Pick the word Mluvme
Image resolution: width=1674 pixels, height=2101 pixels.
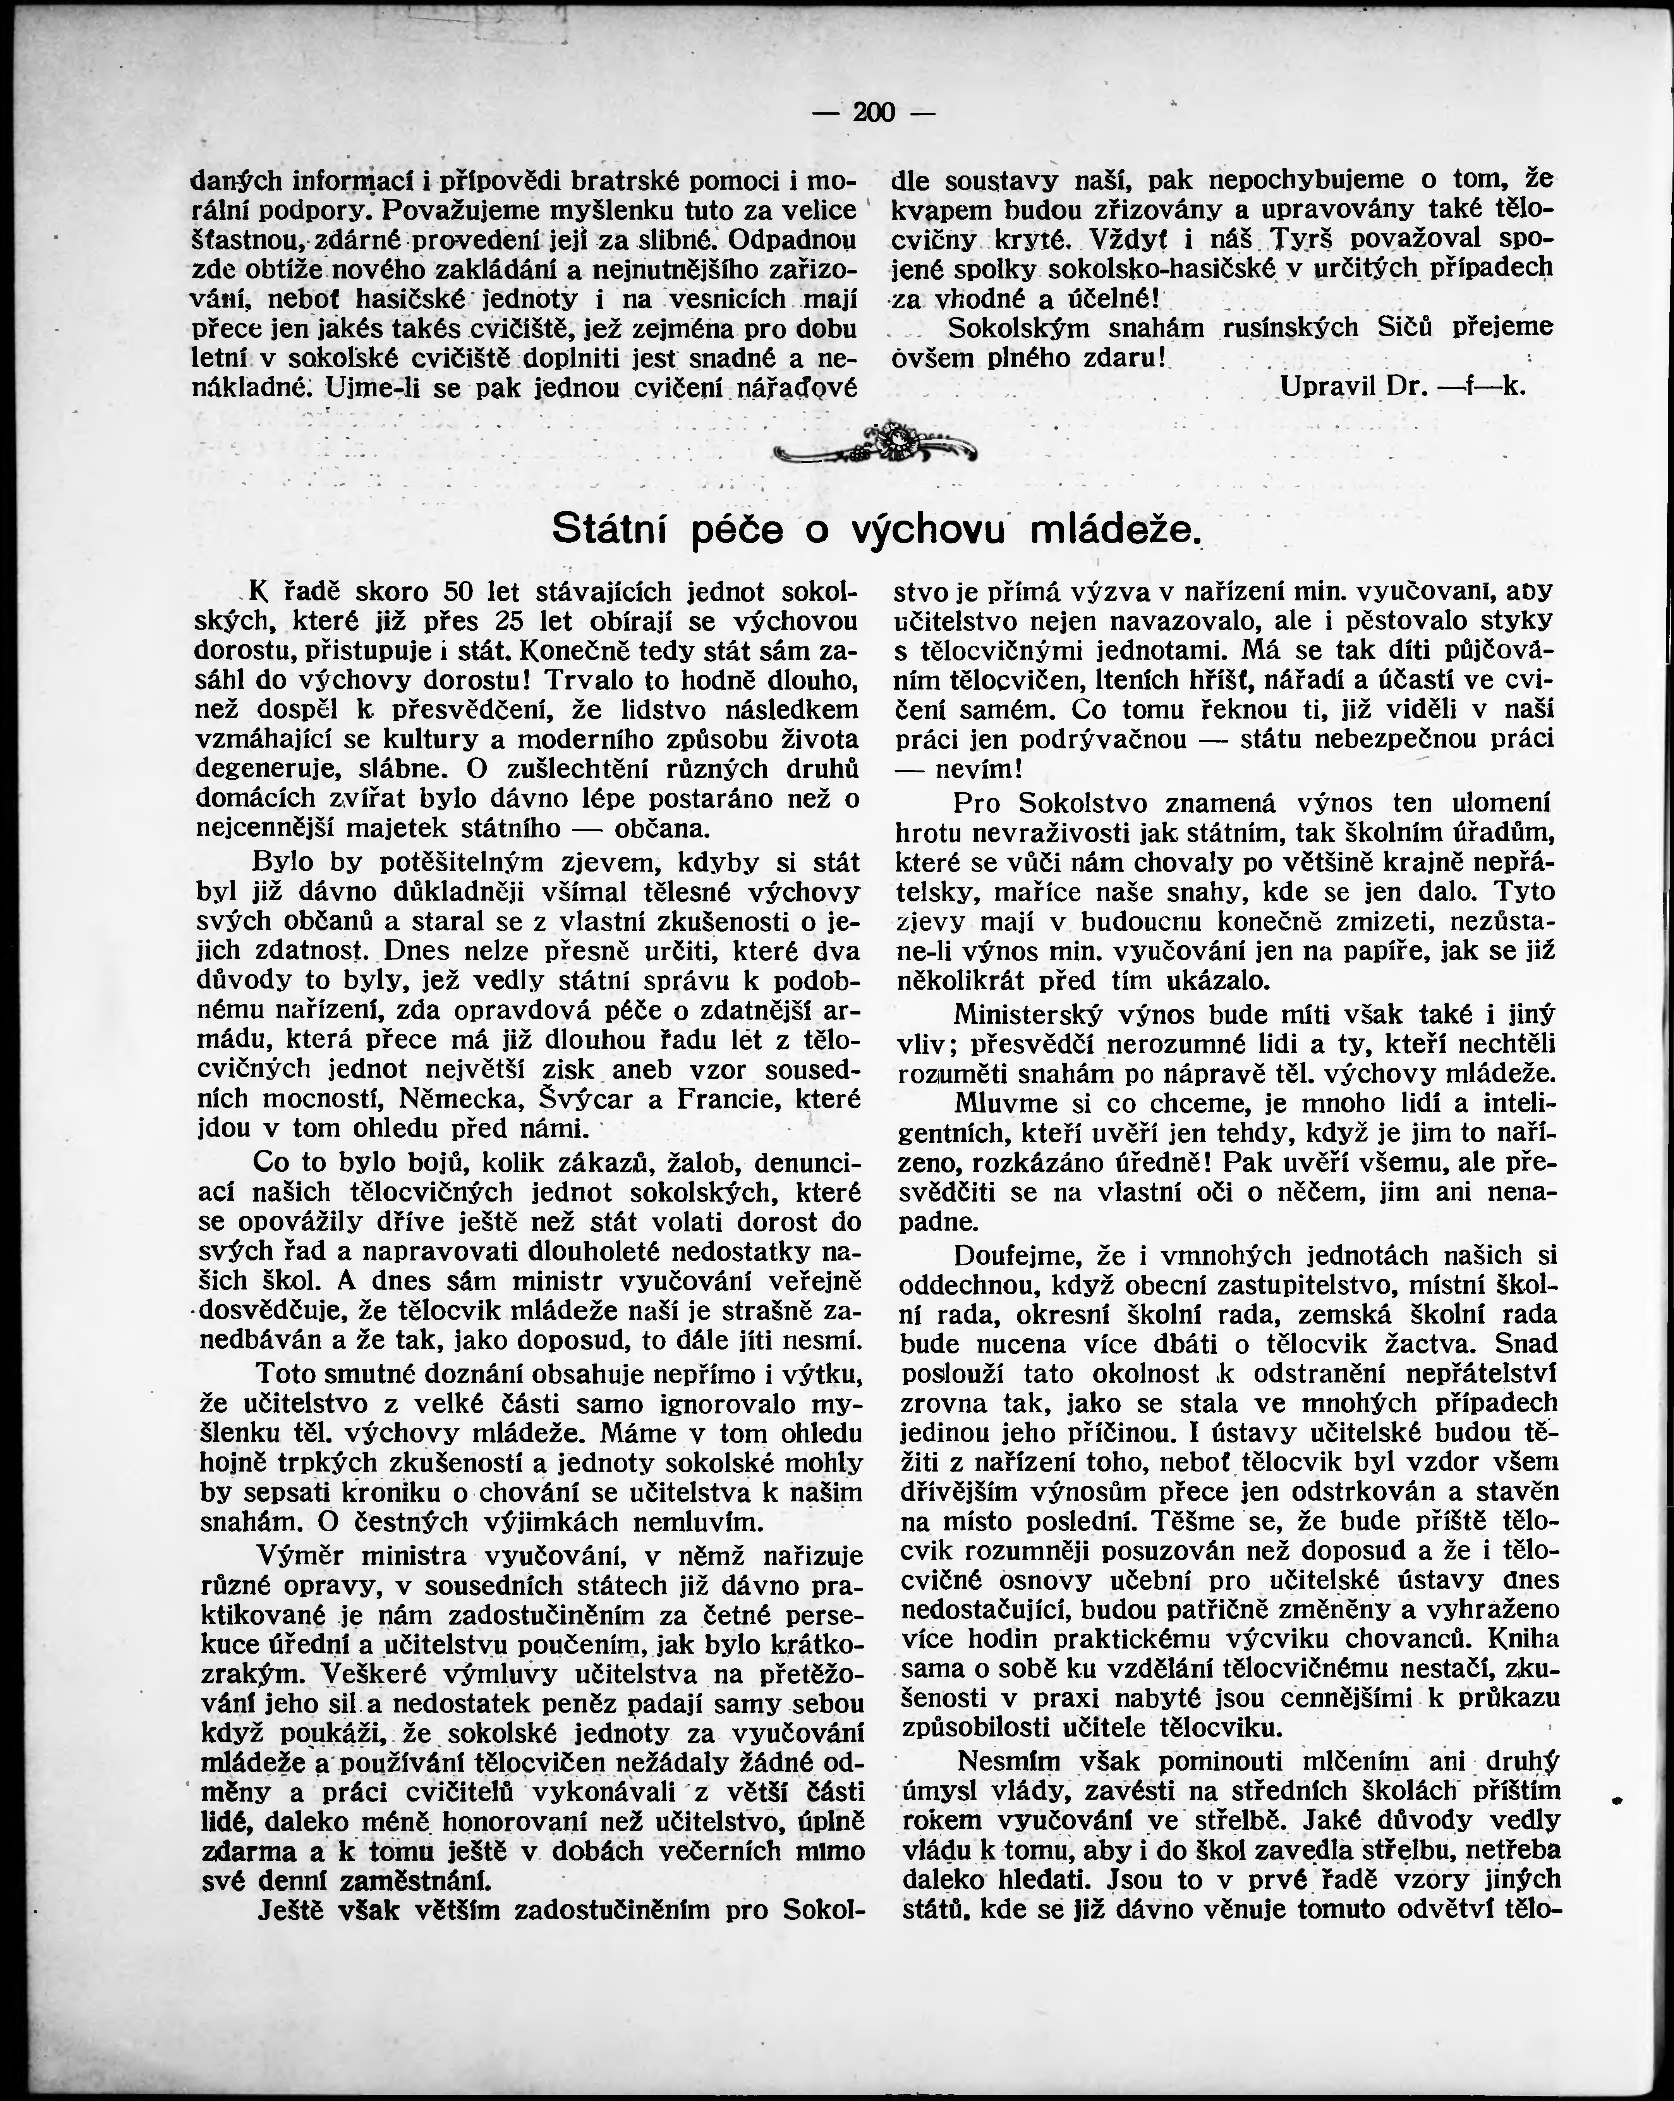coord(1006,1104)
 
